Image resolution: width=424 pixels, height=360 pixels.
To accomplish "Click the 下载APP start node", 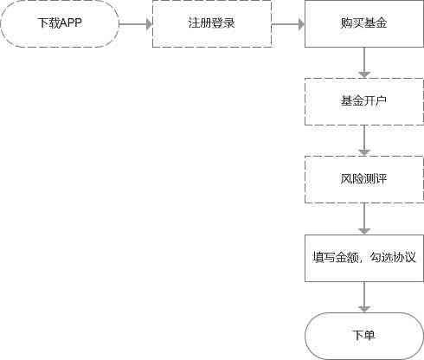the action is [x=60, y=23].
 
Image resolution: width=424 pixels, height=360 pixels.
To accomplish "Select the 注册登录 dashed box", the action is [x=212, y=23].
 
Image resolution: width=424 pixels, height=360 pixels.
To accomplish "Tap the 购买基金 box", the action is [x=364, y=23].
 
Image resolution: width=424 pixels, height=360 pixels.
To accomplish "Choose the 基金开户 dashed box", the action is [x=364, y=101].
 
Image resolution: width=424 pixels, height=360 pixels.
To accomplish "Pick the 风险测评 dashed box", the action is [x=364, y=179].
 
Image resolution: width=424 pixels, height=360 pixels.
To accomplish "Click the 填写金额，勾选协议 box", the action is [x=364, y=258].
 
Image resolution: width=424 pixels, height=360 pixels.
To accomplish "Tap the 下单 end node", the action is [x=364, y=336].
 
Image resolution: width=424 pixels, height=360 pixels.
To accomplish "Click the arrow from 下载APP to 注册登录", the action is [x=136, y=24].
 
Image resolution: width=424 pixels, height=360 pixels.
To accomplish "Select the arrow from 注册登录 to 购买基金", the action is [x=288, y=24].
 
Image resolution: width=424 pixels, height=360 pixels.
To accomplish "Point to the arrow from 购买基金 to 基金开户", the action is [x=364, y=62].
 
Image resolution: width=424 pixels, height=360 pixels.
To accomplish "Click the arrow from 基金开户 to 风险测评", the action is [x=364, y=140].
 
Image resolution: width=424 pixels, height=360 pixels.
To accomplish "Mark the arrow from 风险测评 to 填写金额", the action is [x=364, y=219].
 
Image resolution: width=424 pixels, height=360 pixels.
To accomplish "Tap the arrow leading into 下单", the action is [x=364, y=297].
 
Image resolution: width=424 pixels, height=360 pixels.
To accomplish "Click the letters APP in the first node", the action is [x=71, y=22].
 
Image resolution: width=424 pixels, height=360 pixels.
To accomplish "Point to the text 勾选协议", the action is [x=393, y=257].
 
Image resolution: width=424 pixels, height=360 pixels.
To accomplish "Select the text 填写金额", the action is [x=335, y=257].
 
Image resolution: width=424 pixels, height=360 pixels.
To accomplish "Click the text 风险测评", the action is [x=363, y=179].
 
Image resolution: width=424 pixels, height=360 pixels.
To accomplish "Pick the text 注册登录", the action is [x=212, y=22].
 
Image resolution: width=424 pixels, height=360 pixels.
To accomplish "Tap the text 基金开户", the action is [x=363, y=101].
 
